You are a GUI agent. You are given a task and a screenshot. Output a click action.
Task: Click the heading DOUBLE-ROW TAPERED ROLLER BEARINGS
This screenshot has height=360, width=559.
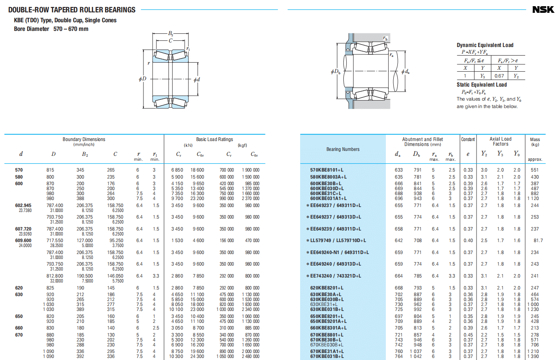72,10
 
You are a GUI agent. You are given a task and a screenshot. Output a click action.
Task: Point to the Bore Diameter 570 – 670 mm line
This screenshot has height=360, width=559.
51,29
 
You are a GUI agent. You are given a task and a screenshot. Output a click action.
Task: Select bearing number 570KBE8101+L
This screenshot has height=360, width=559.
329,170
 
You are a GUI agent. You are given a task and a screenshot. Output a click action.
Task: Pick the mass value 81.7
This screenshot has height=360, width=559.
538,240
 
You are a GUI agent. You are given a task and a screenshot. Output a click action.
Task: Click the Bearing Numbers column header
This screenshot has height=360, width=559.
343,149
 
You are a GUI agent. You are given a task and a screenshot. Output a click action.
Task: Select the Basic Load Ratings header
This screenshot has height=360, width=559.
214,139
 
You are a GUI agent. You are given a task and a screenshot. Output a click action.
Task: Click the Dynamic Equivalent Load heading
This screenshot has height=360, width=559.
485,45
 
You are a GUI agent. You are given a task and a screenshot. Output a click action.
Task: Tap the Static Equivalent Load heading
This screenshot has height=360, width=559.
481,85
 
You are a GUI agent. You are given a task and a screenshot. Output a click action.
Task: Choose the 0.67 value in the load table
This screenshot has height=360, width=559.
499,76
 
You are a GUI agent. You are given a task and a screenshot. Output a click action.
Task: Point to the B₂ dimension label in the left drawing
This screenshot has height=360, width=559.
171,33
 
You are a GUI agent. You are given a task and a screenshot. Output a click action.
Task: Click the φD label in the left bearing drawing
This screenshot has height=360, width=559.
143,78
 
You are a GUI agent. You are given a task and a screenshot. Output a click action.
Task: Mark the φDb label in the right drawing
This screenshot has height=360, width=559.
336,72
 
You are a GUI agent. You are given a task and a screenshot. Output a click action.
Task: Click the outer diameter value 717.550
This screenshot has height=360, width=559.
55,240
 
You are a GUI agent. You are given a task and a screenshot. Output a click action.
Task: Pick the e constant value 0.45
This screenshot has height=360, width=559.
468,335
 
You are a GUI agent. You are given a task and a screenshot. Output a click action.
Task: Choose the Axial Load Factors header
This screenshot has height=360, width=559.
500,141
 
